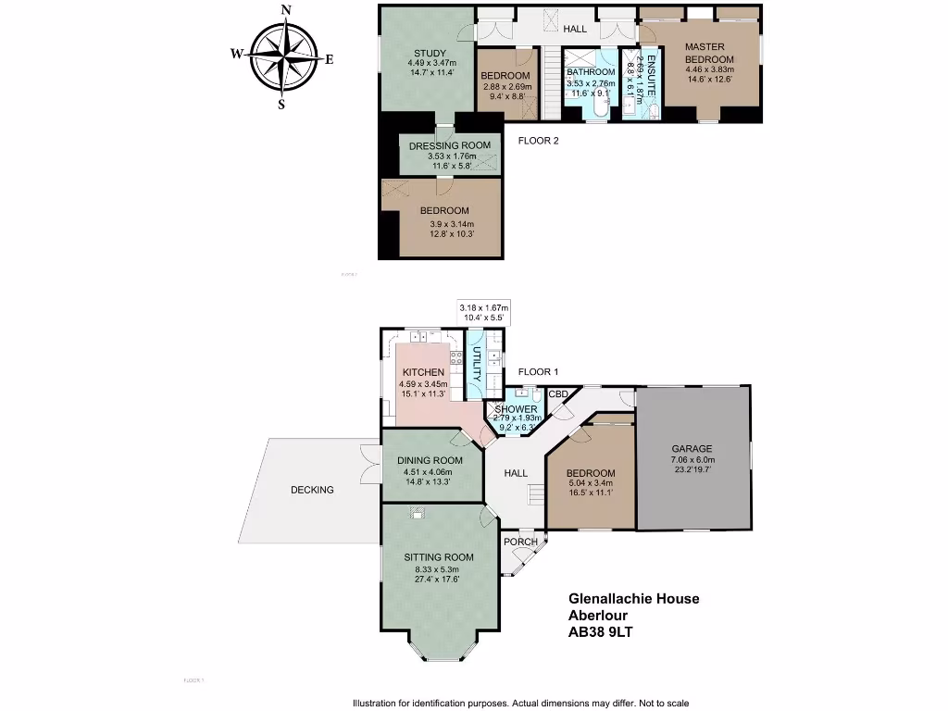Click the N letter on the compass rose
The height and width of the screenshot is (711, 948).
[286, 10]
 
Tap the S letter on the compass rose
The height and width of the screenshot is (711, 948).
[281, 105]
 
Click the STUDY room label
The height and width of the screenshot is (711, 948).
[430, 53]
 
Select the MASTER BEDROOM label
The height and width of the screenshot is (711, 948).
[705, 53]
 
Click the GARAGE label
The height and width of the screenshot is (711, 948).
[692, 448]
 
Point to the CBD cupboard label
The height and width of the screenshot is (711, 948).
[558, 394]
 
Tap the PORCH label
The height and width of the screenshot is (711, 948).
[520, 543]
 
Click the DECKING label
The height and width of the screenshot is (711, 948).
[311, 490]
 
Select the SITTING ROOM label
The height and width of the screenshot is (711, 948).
[439, 557]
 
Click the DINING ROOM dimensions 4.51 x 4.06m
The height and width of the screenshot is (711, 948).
[429, 470]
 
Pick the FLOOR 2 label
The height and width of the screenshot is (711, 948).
[538, 142]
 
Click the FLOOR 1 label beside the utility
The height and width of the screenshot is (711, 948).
[538, 372]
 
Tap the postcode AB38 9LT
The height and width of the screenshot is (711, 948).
[601, 633]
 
